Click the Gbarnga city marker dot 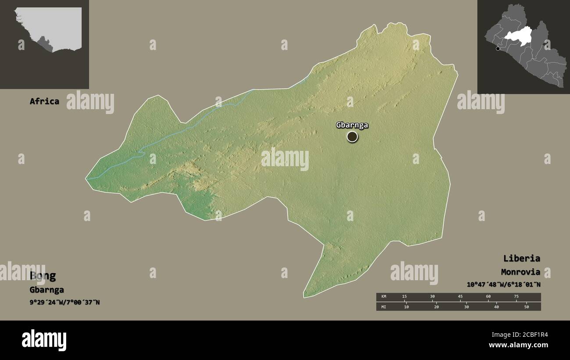point(352,137)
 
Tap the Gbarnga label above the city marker point(352,125)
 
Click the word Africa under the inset point(44,101)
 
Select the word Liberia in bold point(521,258)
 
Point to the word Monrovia point(521,272)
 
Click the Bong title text point(43,276)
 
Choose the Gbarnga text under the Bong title point(46,290)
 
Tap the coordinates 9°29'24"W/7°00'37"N point(64,302)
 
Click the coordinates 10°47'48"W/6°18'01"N point(503,285)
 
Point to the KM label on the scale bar point(384,297)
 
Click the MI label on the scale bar point(384,307)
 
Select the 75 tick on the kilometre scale point(516,297)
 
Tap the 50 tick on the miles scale point(527,307)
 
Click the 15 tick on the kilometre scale point(404,297)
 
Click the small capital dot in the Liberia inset point(498,49)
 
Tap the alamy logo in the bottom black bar point(44,340)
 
